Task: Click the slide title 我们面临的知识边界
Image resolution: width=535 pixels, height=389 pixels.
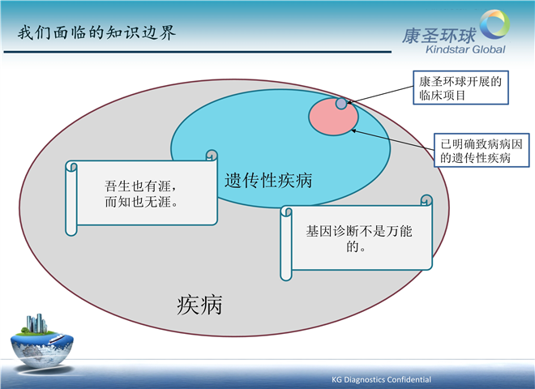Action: (97, 32)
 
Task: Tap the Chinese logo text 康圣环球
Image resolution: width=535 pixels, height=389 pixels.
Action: (439, 36)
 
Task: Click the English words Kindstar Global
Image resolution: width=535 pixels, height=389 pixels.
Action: (465, 49)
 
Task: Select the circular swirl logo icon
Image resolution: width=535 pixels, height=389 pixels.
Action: (494, 24)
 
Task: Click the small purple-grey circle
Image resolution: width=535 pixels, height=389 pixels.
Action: (341, 104)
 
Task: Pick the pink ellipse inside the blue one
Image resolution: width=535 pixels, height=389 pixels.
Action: (333, 118)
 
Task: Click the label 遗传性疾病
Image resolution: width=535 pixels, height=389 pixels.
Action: (268, 180)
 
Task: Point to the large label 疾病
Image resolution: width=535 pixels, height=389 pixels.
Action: (199, 305)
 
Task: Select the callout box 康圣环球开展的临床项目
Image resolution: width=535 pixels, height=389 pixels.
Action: (460, 88)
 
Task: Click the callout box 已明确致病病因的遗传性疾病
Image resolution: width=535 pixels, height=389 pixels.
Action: (481, 150)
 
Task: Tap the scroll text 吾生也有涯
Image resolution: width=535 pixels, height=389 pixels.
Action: (140, 186)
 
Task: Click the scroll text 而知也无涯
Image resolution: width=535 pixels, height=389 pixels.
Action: (141, 202)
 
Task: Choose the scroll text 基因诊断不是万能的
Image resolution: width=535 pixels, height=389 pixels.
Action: (358, 238)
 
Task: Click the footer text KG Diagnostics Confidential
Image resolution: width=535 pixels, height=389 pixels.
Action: (381, 379)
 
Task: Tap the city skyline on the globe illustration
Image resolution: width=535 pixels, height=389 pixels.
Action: (36, 323)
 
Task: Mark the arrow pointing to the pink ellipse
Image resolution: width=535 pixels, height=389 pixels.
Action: (392, 139)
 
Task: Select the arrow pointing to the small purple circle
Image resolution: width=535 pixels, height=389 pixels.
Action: (379, 95)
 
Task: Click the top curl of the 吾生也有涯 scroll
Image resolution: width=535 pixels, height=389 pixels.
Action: (212, 155)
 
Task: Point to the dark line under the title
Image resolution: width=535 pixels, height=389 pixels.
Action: (197, 52)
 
